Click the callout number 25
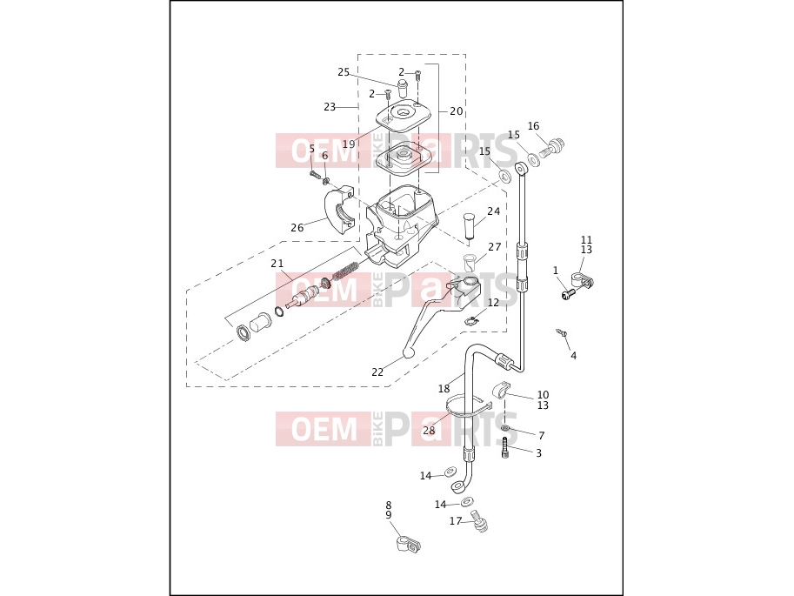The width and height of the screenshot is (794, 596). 344,72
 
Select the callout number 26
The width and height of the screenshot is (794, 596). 297,228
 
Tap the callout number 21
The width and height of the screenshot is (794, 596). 277,264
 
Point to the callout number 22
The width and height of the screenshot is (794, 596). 377,372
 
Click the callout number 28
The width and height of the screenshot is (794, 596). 429,431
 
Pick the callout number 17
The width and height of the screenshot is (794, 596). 455,521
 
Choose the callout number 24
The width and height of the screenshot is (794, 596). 493,211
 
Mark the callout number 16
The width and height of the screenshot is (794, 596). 533,125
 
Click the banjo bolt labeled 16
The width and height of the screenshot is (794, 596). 552,147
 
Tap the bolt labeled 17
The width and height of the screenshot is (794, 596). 478,521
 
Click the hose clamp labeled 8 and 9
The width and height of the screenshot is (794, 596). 408,545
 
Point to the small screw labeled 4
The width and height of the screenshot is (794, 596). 562,333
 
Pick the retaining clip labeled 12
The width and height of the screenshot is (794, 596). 471,320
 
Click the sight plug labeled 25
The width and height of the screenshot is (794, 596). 403,88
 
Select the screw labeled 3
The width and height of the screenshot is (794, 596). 504,447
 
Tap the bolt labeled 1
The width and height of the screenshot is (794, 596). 569,293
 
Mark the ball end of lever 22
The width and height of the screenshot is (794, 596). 408,352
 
